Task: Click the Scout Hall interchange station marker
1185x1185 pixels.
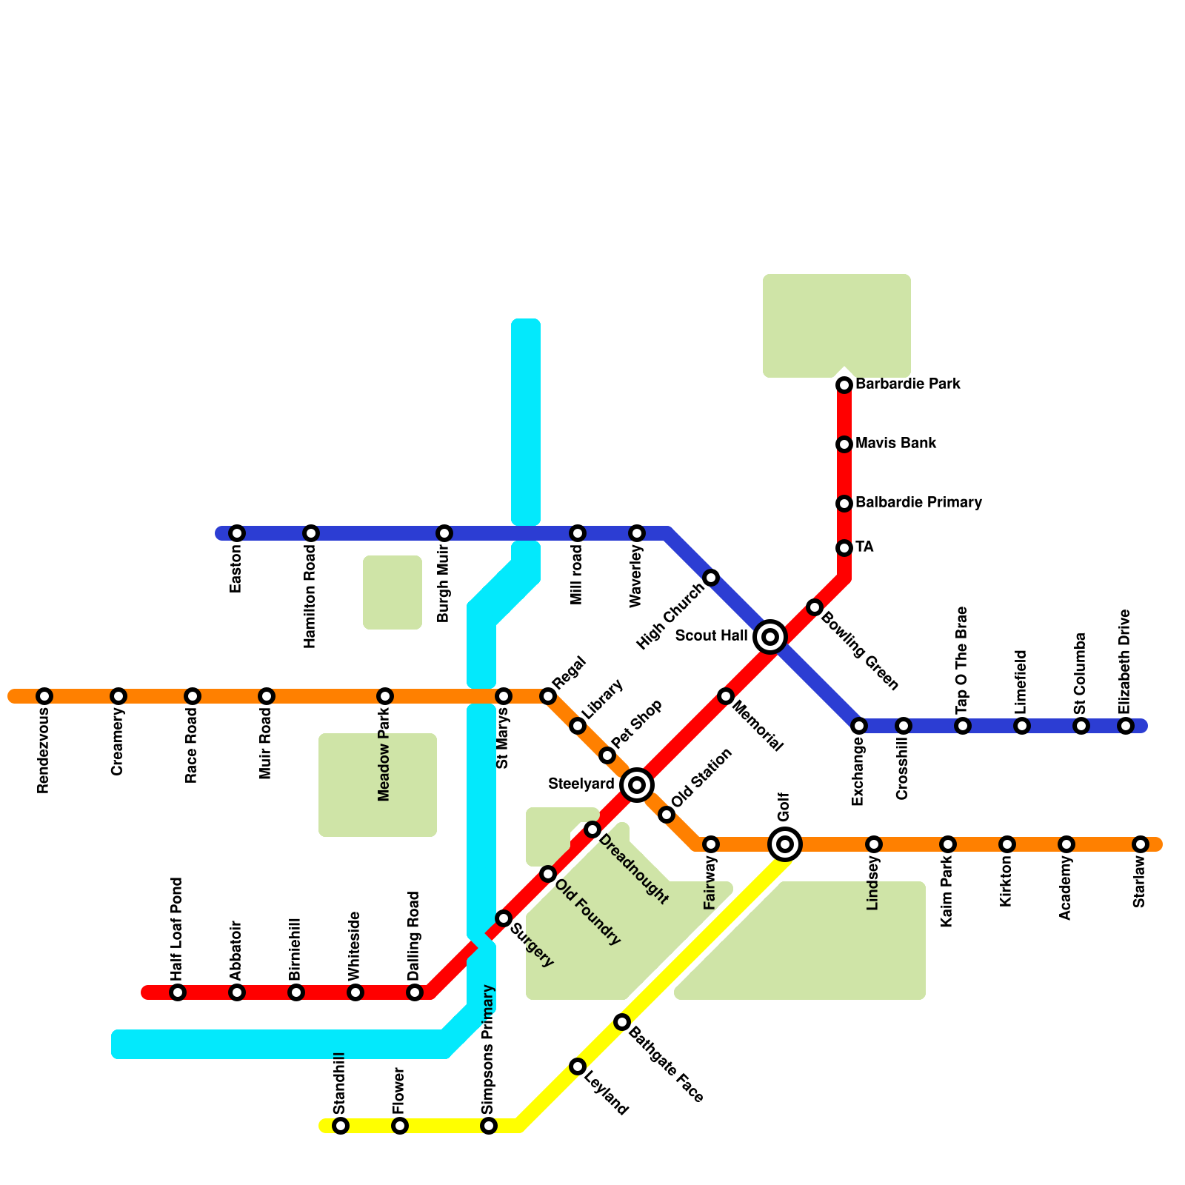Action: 770,636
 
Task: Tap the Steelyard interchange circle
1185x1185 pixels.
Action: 637,784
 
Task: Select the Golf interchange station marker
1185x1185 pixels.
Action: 785,844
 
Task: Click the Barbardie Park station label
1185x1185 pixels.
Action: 907,384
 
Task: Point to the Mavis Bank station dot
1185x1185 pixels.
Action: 844,444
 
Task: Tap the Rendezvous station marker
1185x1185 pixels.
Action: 44,696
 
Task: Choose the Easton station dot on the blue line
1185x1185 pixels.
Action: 237,533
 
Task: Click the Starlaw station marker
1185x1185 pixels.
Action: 1141,844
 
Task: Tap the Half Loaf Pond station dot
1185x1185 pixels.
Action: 178,992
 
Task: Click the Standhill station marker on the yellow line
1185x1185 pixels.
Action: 341,1126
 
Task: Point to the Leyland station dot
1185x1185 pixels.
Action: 578,1066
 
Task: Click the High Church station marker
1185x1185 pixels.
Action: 711,578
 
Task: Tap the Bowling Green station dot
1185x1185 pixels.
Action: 815,607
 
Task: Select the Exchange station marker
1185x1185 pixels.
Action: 859,726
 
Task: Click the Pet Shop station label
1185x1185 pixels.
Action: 637,724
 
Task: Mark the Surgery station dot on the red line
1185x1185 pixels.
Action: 504,918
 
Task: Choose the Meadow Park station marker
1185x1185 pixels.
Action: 385,696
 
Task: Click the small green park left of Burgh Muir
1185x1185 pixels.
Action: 393,592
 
